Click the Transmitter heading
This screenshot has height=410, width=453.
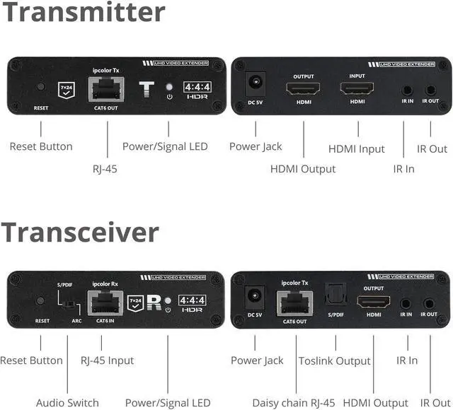point(83,13)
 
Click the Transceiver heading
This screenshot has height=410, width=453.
point(80,232)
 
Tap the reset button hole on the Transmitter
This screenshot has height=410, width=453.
point(41,88)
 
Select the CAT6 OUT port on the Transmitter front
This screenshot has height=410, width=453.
point(105,90)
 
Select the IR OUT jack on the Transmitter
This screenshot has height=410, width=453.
point(430,89)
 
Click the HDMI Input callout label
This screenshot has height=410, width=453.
point(357,148)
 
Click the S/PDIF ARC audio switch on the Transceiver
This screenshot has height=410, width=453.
point(67,305)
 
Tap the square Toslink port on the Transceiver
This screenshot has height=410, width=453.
point(335,302)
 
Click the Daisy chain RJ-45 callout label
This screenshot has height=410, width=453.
point(294,403)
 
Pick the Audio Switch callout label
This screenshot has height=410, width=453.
point(68,403)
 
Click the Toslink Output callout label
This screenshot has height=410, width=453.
point(335,361)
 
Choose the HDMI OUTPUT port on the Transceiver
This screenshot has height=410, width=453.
point(373,303)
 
